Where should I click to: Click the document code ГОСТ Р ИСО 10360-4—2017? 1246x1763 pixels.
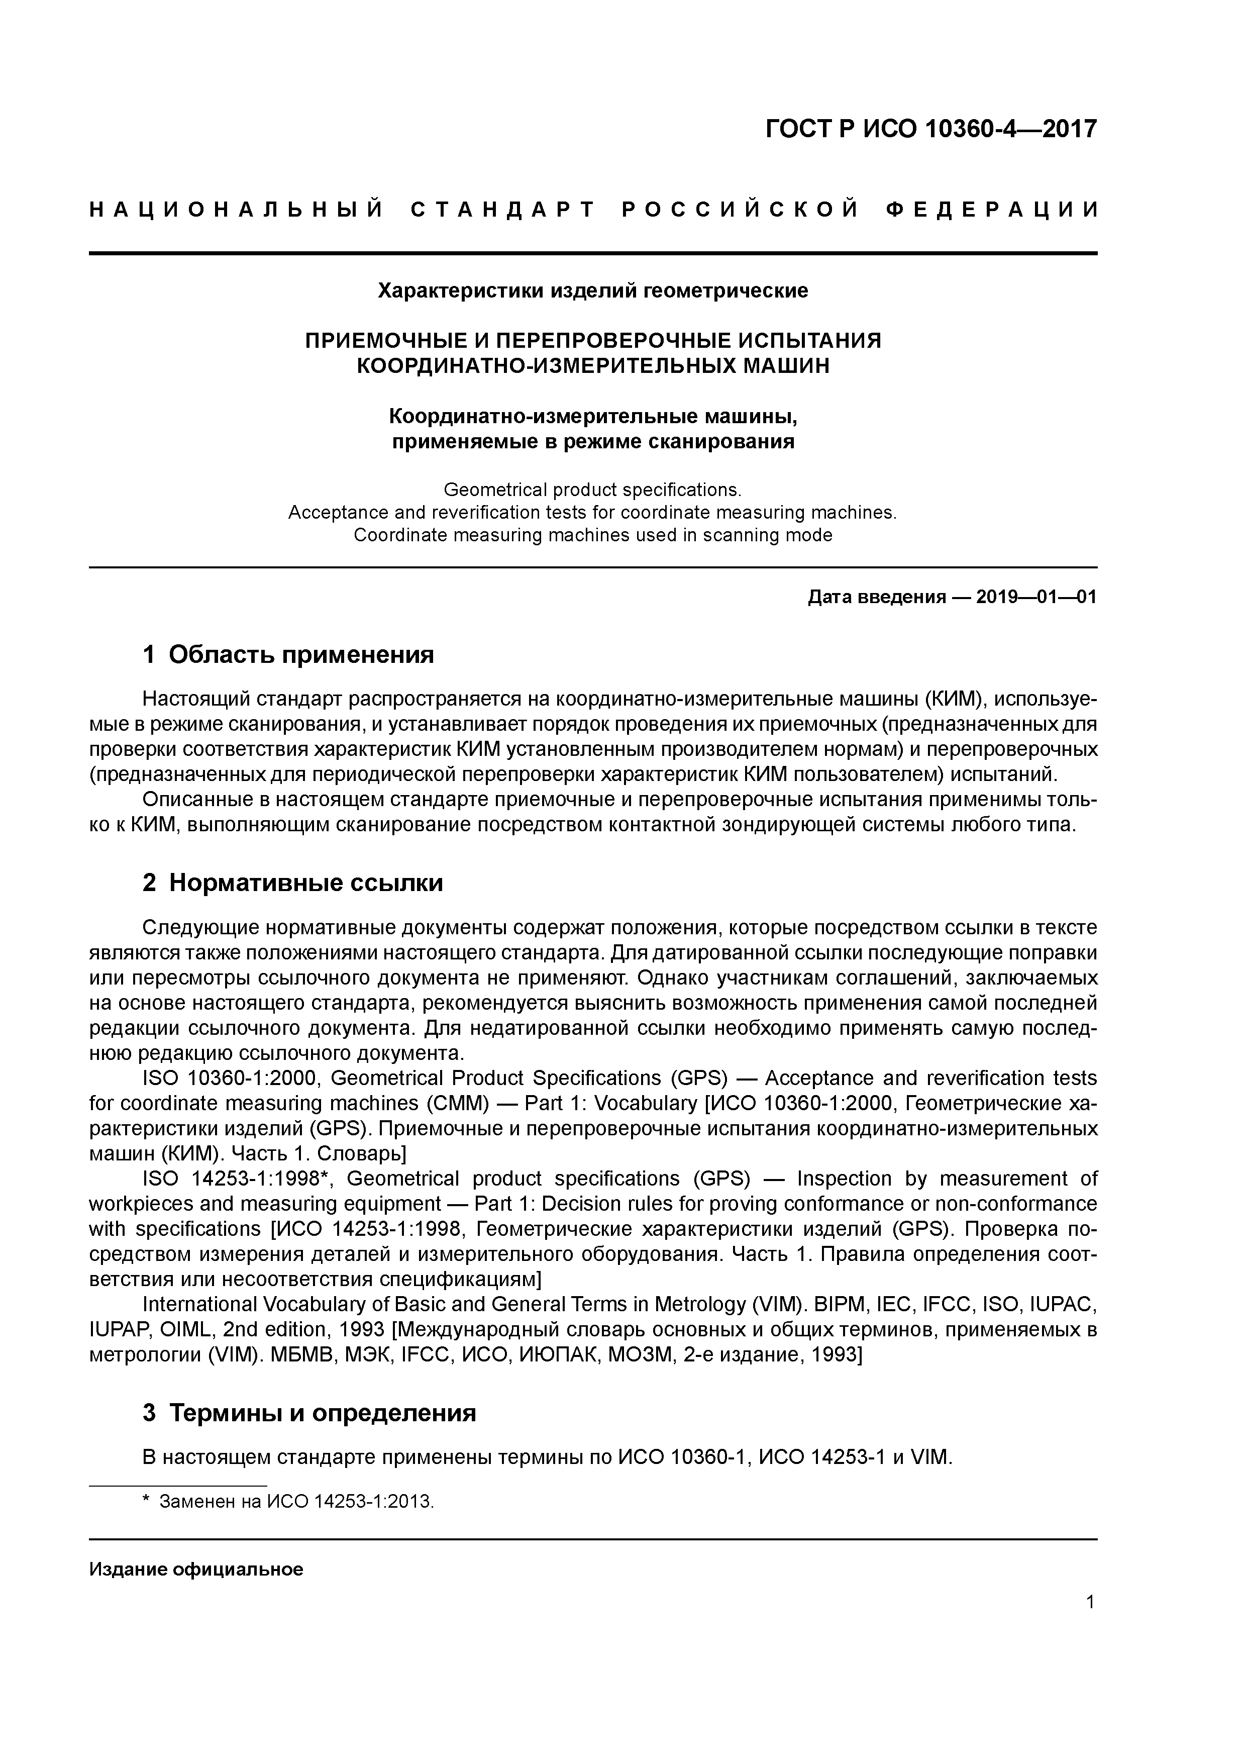coord(931,129)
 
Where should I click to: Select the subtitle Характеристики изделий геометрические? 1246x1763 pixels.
coord(593,291)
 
